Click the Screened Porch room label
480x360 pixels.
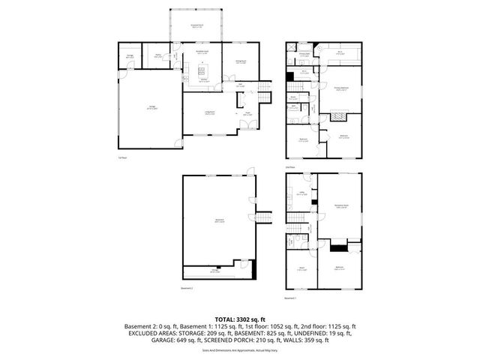pyautogui.click(x=198, y=26)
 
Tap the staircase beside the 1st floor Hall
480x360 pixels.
pyautogui.click(x=263, y=93)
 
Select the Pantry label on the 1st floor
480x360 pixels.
pyautogui.click(x=159, y=55)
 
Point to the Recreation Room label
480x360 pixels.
pyautogui.click(x=341, y=206)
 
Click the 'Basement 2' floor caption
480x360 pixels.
pyautogui.click(x=187, y=287)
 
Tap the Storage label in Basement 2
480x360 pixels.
pyautogui.click(x=214, y=271)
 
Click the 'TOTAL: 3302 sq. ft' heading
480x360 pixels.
pyautogui.click(x=239, y=320)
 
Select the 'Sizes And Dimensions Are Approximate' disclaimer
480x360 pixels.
pyautogui.click(x=239, y=350)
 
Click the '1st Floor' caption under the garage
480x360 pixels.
pyautogui.click(x=121, y=158)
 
